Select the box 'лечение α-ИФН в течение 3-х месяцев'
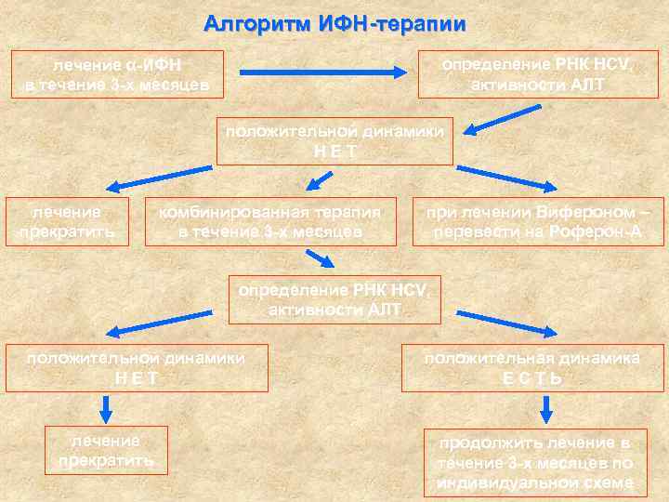[x=117, y=75]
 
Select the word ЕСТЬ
[x=531, y=378]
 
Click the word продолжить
[x=491, y=443]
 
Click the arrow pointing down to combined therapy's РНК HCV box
[x=319, y=258]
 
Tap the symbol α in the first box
[x=128, y=66]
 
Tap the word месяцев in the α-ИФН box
[x=174, y=86]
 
